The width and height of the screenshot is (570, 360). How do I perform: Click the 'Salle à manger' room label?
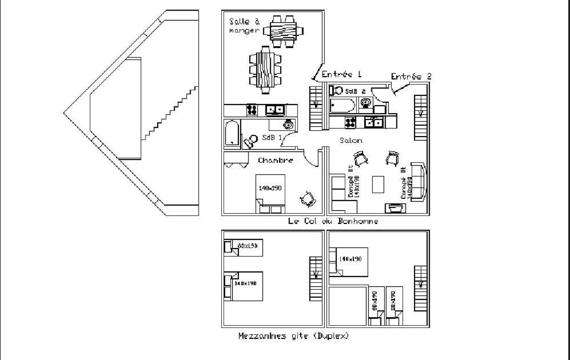[x=244, y=26]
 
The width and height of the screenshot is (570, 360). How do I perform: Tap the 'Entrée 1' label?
[x=342, y=74]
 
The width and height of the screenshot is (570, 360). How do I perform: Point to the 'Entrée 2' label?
[x=411, y=76]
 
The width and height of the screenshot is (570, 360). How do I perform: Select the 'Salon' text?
[x=350, y=140]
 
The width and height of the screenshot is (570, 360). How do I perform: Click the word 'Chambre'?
[x=276, y=161]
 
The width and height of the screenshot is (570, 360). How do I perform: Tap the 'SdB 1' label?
[x=272, y=138]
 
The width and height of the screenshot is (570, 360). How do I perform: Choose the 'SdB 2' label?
[x=355, y=91]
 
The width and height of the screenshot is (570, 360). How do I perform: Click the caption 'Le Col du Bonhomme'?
[x=333, y=221]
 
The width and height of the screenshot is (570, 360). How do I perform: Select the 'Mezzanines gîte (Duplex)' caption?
[x=293, y=336]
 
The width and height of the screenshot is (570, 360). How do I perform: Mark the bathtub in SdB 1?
[x=232, y=133]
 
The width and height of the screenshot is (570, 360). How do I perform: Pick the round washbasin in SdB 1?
[x=289, y=124]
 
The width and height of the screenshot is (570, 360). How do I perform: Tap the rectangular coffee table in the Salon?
[x=378, y=184]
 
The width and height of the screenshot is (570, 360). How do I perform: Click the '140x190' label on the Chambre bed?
[x=270, y=188]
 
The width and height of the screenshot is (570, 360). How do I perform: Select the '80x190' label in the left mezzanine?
[x=248, y=246]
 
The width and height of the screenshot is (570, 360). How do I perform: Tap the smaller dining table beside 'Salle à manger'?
[x=283, y=31]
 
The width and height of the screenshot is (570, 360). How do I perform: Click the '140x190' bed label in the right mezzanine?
[x=350, y=259]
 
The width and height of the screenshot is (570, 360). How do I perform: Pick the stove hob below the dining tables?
[x=252, y=109]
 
